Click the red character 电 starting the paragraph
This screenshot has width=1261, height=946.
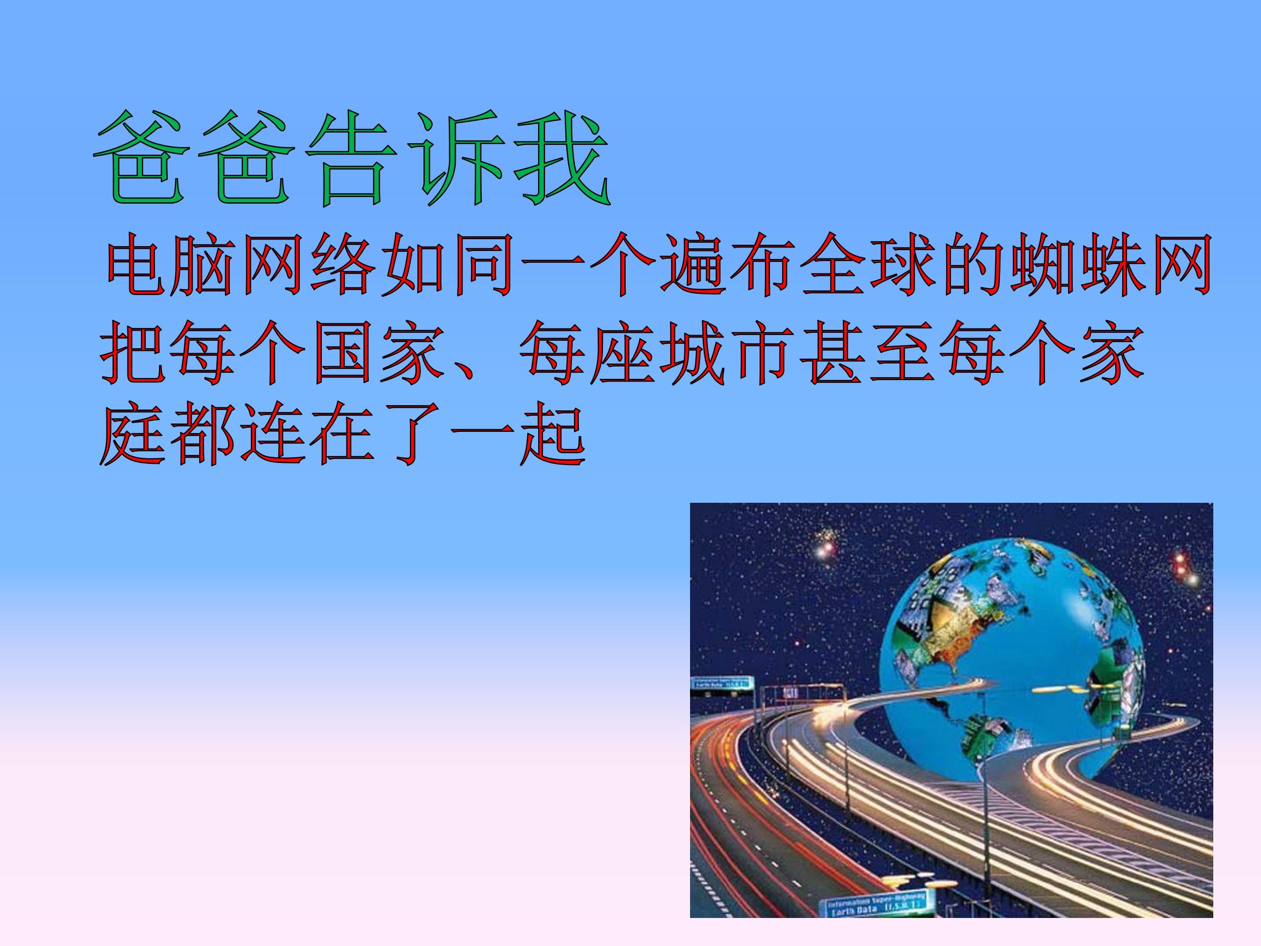pyautogui.click(x=136, y=264)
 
